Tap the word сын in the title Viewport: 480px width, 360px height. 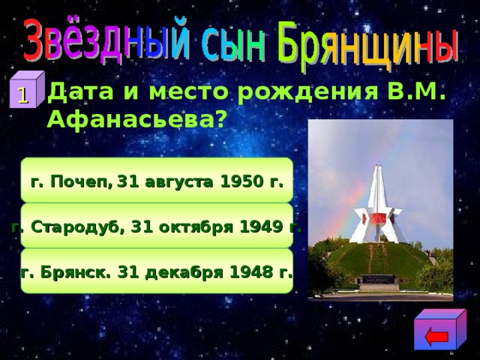[235, 46]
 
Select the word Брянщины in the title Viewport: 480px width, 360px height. [368, 43]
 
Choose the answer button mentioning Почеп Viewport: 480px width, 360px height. [156, 181]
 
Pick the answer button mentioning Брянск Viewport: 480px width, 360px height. [156, 271]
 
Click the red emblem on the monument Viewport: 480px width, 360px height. [379, 217]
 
